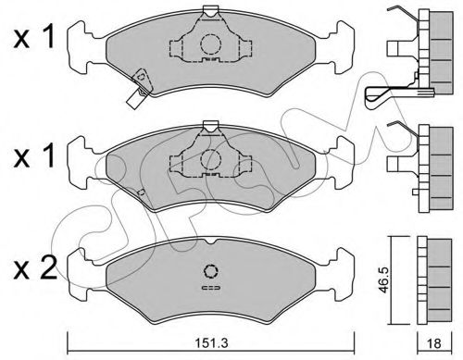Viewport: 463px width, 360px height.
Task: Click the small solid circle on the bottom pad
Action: pyautogui.click(x=211, y=271)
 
